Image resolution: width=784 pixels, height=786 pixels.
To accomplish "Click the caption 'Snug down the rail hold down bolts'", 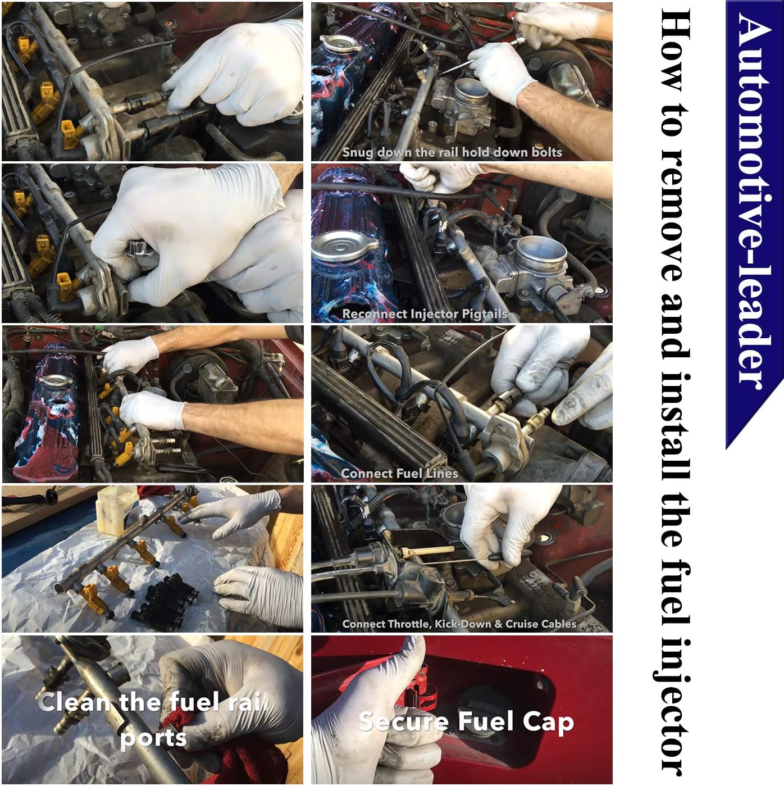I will (x=452, y=152).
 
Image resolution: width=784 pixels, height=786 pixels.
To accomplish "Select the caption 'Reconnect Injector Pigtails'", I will (x=425, y=314).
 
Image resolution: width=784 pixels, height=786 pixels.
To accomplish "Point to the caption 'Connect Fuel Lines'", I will (x=399, y=474).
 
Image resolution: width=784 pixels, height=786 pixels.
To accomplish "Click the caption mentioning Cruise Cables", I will (x=459, y=624).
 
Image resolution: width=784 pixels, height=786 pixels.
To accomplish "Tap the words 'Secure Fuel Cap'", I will (x=466, y=722).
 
